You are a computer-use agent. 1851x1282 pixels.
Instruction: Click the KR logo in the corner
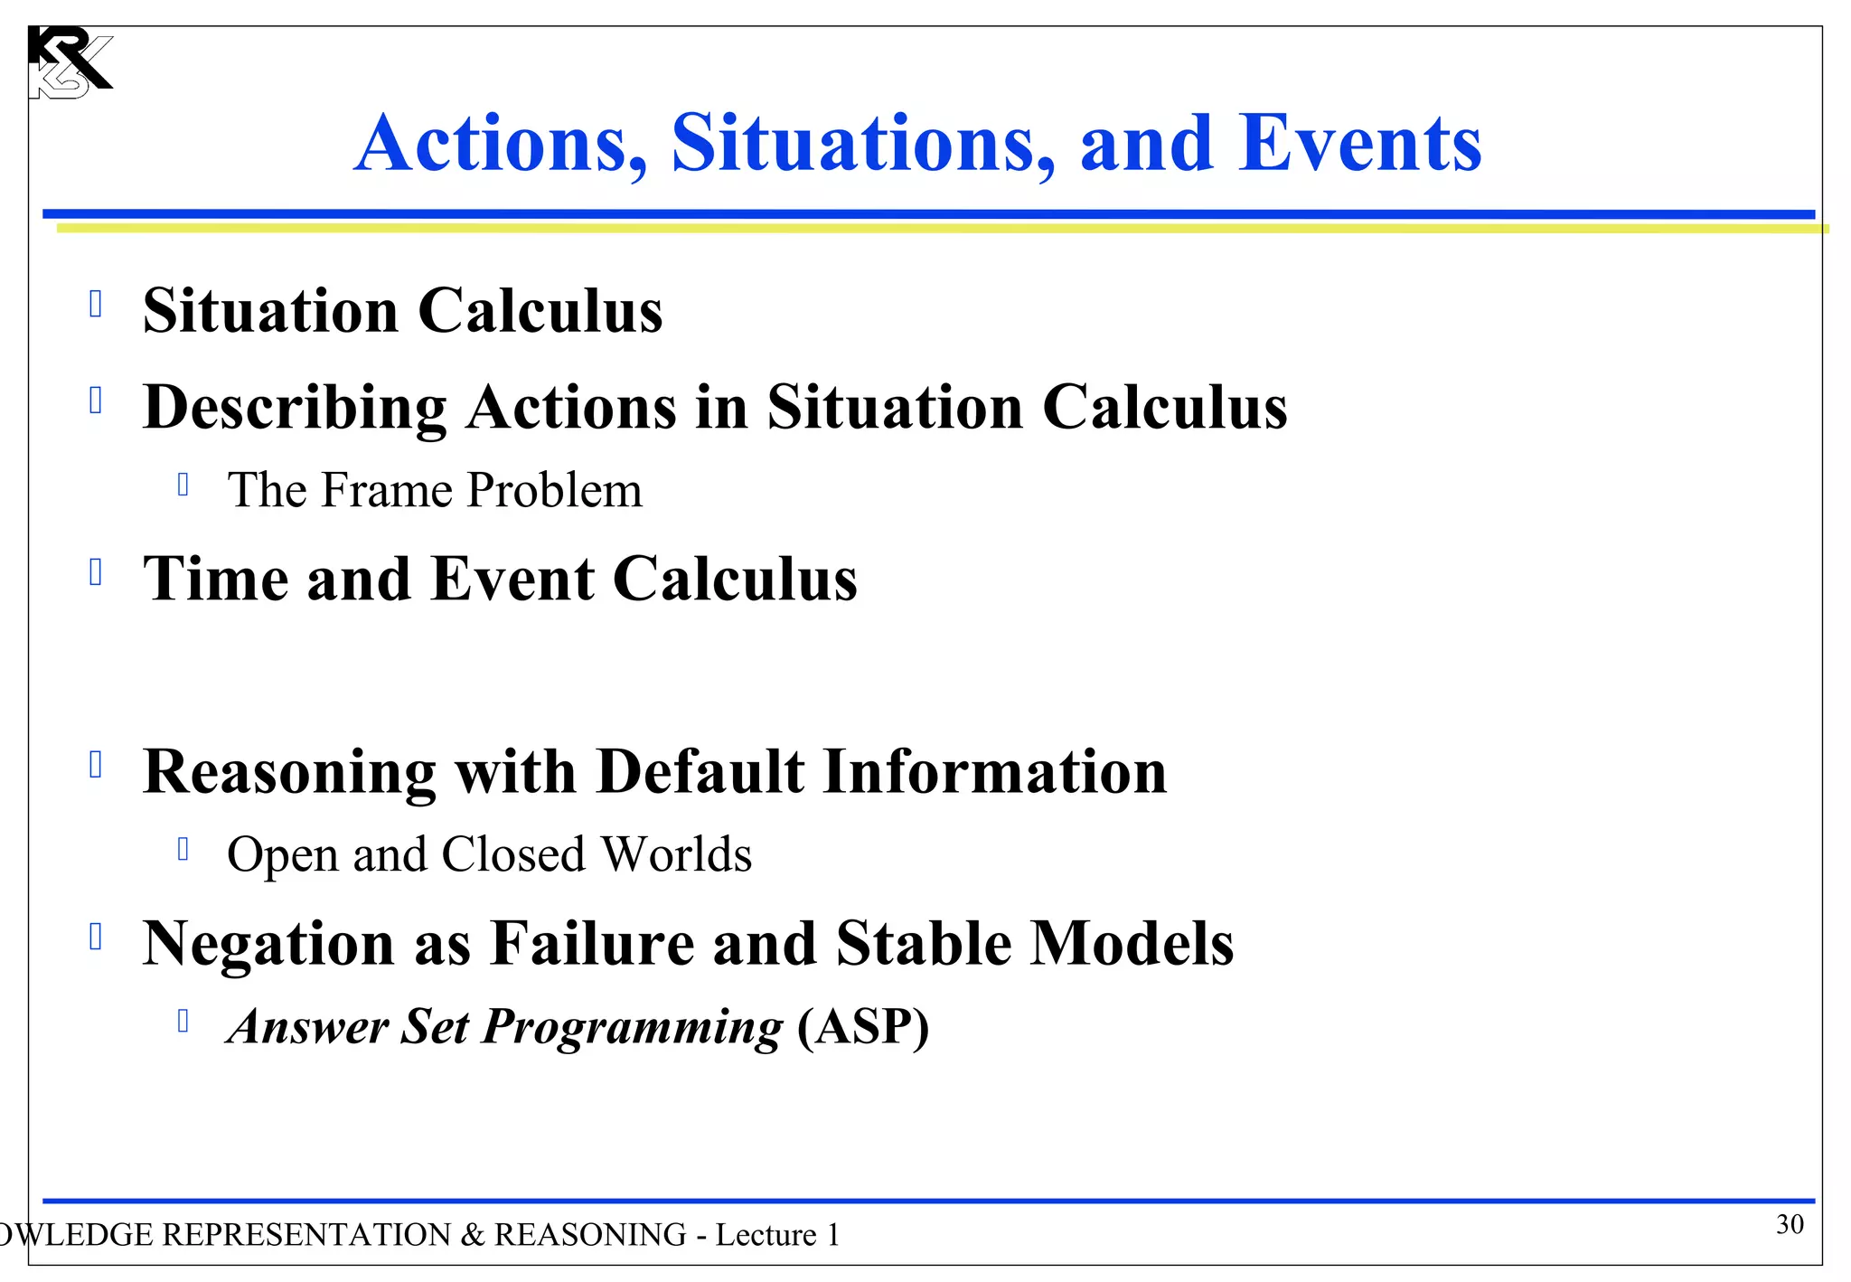pyautogui.click(x=69, y=62)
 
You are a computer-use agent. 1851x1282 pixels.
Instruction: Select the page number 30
pyautogui.click(x=1790, y=1224)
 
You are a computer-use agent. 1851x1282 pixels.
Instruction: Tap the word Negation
pyautogui.click(x=268, y=944)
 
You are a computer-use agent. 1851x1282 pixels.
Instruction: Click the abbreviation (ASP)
pyautogui.click(x=863, y=1027)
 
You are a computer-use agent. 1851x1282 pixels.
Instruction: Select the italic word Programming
pyautogui.click(x=632, y=1028)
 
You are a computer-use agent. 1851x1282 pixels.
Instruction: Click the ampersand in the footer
pyautogui.click(x=472, y=1235)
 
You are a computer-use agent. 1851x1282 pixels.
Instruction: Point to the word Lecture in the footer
pyautogui.click(x=766, y=1235)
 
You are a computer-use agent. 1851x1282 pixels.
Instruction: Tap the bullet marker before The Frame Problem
pyautogui.click(x=183, y=485)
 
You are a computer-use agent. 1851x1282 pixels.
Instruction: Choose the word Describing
pyautogui.click(x=295, y=408)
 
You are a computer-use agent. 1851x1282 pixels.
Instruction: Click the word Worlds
pyautogui.click(x=676, y=854)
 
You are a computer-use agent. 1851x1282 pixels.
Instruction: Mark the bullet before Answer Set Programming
pyautogui.click(x=183, y=1021)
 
